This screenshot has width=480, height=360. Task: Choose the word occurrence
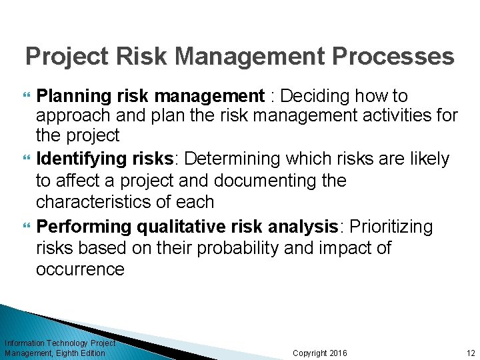pos(80,269)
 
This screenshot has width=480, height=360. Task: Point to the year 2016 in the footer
pos(335,353)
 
